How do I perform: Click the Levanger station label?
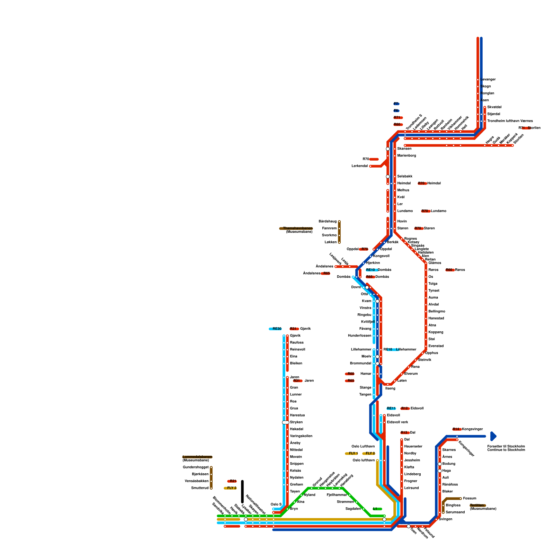488,80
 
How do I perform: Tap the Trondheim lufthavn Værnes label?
510,121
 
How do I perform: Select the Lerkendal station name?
359,166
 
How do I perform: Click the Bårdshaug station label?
327,222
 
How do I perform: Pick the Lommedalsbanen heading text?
197,457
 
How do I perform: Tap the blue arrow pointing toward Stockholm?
493,436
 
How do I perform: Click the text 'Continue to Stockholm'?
506,450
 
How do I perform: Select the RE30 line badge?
276,329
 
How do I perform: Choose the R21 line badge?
232,481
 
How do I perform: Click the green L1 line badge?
377,509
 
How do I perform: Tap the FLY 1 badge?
353,454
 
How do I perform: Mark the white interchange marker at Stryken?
286,422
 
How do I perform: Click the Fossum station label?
470,499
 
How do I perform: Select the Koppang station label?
436,332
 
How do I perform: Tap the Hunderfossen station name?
359,336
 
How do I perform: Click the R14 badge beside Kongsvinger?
457,429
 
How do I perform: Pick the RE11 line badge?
391,409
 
